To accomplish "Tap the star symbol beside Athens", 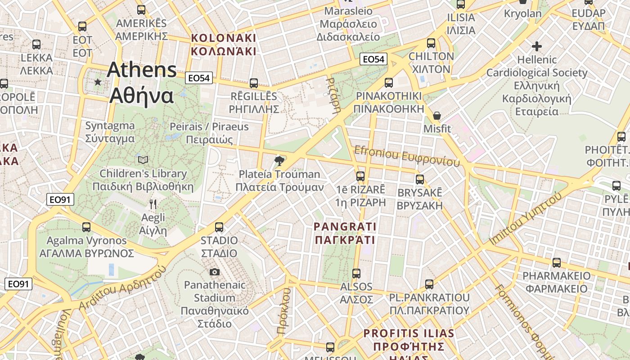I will [98, 82].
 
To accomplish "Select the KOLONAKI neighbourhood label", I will [224, 45].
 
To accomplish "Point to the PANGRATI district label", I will [345, 233].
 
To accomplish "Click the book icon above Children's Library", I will [143, 160].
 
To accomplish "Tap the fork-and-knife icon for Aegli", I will [153, 204].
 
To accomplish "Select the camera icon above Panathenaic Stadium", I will [215, 272].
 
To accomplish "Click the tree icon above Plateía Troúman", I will [279, 161].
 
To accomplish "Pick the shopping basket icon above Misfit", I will [436, 116].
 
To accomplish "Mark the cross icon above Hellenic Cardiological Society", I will [536, 46].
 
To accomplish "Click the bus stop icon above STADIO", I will [219, 227].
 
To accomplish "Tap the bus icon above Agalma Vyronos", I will [86, 227].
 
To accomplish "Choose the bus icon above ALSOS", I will [356, 273].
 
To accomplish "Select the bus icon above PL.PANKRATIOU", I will [429, 284].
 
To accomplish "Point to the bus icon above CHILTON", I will [431, 43].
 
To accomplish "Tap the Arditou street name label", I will [122, 288].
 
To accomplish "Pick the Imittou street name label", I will [526, 219].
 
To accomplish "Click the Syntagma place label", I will [110, 132].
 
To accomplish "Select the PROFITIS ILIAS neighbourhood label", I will [409, 340].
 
